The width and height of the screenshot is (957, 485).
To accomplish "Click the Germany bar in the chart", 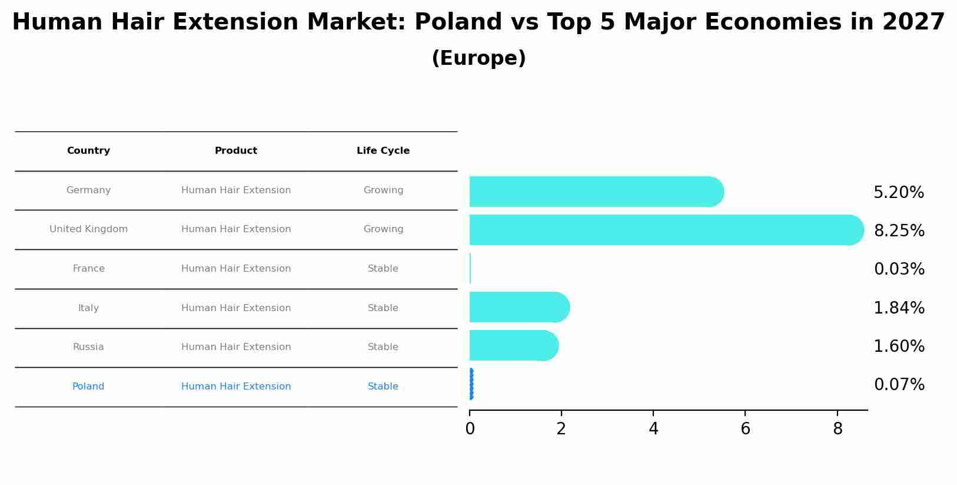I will (594, 192).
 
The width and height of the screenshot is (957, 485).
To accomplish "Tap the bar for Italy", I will (518, 307).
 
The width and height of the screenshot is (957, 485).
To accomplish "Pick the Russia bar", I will (512, 345).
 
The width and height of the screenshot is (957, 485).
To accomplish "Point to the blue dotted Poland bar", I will (471, 384).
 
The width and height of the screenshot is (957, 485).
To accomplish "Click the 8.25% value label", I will (899, 231).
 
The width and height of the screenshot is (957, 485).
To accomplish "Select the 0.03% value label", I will (899, 269).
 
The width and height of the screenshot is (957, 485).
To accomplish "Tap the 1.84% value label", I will (899, 308).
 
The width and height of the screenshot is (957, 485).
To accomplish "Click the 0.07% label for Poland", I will (899, 385).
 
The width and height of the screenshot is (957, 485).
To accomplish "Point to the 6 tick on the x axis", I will (745, 429).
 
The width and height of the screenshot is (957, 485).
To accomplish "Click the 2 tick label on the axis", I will (561, 429).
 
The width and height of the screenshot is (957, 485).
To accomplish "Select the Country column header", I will (88, 151).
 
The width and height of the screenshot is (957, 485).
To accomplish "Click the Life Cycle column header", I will (383, 151).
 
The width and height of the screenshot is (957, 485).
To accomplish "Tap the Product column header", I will (235, 151).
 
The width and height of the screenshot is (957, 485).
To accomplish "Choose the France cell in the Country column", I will (88, 269).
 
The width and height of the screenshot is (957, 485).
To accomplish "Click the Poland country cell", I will (88, 387).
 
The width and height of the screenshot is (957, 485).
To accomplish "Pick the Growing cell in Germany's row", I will (383, 190).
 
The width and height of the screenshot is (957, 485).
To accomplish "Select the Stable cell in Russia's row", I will (383, 347).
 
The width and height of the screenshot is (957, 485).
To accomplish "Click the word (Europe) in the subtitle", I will (478, 58).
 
